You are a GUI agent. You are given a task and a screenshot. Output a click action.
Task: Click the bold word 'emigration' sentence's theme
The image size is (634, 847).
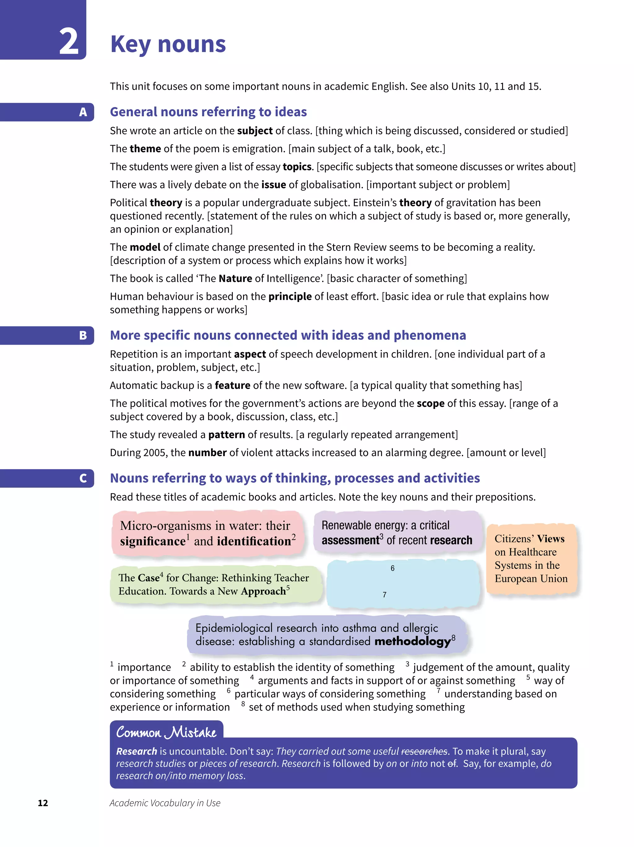pyautogui.click(x=145, y=149)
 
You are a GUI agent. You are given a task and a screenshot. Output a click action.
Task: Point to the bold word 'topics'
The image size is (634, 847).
pyautogui.click(x=297, y=166)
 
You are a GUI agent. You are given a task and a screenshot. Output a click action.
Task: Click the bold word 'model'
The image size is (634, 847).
pyautogui.click(x=145, y=247)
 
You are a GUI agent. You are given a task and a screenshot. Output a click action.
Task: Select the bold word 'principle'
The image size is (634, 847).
pyautogui.click(x=290, y=296)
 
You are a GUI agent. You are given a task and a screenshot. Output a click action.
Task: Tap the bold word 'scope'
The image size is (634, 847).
pyautogui.click(x=430, y=403)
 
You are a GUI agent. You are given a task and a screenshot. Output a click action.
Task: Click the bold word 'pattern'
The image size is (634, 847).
pyautogui.click(x=226, y=434)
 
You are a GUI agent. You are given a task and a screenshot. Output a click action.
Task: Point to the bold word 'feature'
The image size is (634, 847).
pyautogui.click(x=232, y=385)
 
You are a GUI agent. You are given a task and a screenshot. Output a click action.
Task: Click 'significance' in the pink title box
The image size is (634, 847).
pyautogui.click(x=153, y=541)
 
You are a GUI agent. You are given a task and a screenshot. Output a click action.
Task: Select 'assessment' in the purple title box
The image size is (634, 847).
pyautogui.click(x=350, y=540)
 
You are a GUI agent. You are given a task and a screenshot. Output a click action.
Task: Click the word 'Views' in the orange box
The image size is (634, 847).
pyautogui.click(x=550, y=539)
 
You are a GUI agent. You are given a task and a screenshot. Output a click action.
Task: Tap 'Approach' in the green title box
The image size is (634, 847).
pyautogui.click(x=263, y=591)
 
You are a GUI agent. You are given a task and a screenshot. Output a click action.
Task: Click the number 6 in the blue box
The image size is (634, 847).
pyautogui.click(x=392, y=568)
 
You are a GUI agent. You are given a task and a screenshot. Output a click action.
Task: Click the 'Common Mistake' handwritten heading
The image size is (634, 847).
pyautogui.click(x=166, y=732)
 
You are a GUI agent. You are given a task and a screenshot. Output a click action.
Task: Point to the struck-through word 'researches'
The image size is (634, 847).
pyautogui.click(x=424, y=751)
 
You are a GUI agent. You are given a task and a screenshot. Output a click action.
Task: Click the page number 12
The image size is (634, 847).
pyautogui.click(x=43, y=803)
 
